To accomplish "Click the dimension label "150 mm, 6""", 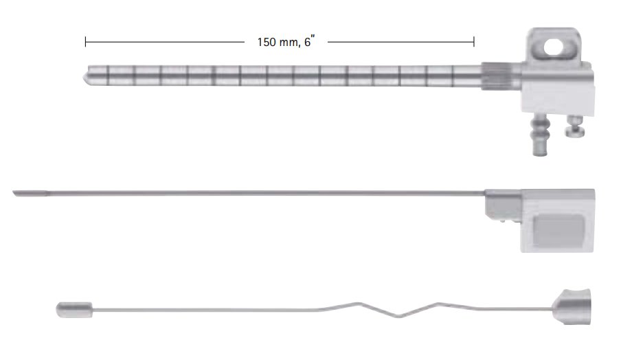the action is [286, 41].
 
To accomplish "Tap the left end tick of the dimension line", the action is [86, 42].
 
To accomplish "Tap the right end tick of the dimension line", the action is [474, 42].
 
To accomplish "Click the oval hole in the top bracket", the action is [554, 47].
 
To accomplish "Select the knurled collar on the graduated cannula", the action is [493, 76].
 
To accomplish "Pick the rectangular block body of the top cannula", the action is [558, 89].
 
